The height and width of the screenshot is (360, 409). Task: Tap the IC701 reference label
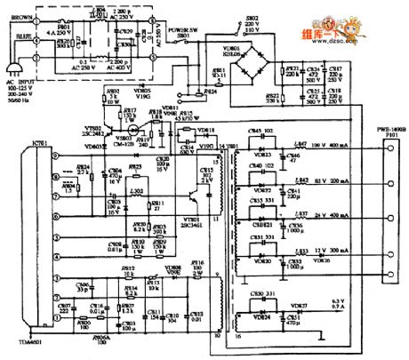tap(16, 140)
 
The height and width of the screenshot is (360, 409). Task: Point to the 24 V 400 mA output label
tap(331, 215)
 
